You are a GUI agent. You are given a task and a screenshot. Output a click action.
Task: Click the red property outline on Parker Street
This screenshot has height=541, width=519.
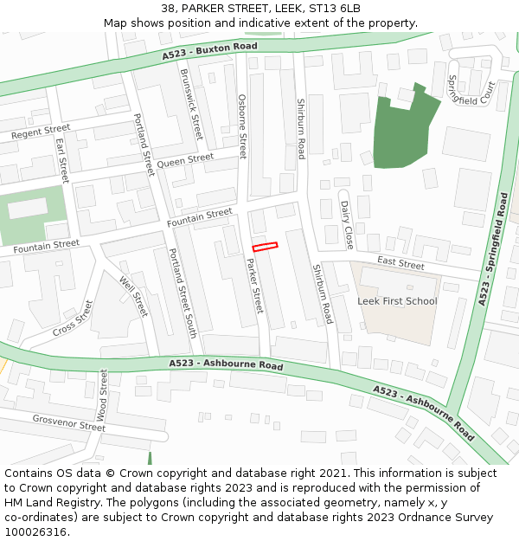click(x=266, y=247)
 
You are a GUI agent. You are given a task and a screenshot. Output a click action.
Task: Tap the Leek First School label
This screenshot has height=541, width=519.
click(x=397, y=301)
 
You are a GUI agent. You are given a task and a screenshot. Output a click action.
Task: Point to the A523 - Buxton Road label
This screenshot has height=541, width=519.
click(x=209, y=51)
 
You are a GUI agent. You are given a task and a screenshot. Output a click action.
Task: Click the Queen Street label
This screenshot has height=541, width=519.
click(x=185, y=160)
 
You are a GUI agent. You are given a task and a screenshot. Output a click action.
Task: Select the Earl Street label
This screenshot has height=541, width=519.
click(x=61, y=156)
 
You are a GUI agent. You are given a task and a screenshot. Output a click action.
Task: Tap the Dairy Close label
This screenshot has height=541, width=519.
click(x=347, y=225)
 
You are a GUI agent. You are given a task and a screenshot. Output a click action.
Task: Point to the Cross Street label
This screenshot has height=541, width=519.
click(x=73, y=319)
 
